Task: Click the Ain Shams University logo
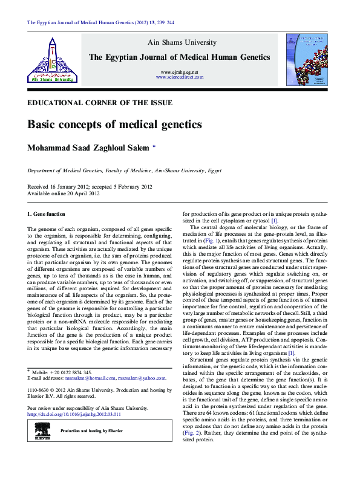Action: (x=51, y=59)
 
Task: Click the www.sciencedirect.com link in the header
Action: (x=179, y=78)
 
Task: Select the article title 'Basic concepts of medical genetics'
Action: (x=114, y=125)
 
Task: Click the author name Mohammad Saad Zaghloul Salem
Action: (x=88, y=147)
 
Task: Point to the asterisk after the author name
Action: (x=154, y=146)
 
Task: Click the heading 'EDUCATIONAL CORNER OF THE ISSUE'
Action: (x=100, y=103)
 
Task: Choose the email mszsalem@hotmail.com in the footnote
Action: (x=87, y=378)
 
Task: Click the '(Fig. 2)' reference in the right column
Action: (x=191, y=433)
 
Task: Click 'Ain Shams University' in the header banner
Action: (x=179, y=42)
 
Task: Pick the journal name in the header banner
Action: (x=179, y=57)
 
